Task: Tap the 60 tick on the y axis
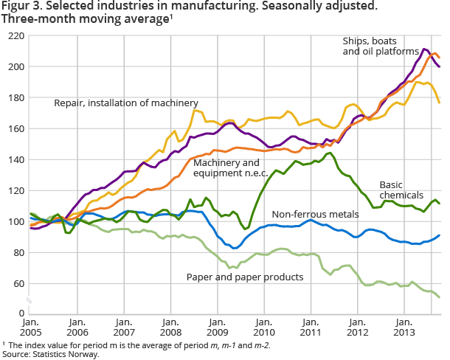(x=15, y=284)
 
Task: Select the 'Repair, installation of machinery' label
(x=126, y=103)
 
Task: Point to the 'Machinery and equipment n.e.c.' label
(x=227, y=167)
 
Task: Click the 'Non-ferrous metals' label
(x=319, y=214)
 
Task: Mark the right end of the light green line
(x=440, y=297)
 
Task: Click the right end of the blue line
(x=440, y=236)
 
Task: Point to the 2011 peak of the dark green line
(x=329, y=153)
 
